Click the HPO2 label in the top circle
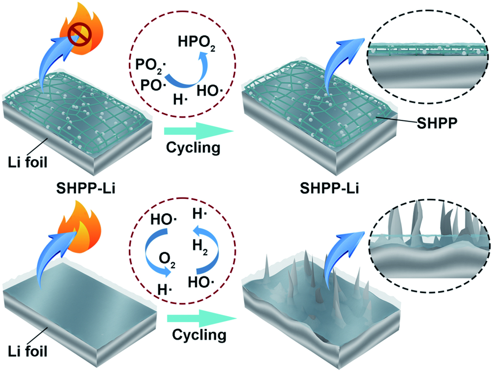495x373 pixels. click(x=196, y=43)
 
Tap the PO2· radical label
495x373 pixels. click(x=151, y=66)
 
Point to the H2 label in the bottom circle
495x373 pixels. click(x=200, y=247)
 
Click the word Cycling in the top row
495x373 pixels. click(x=193, y=148)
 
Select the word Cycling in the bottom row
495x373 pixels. click(x=199, y=335)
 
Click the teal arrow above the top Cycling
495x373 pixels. click(x=199, y=131)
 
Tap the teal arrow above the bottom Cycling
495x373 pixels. click(x=202, y=318)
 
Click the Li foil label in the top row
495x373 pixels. click(x=27, y=162)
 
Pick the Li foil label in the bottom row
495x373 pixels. click(x=27, y=351)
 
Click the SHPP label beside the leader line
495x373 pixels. click(x=437, y=123)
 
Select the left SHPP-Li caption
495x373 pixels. click(x=86, y=188)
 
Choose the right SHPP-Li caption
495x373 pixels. click(x=329, y=188)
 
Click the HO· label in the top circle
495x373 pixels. click(x=210, y=91)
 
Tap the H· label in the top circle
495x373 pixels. click(x=180, y=99)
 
